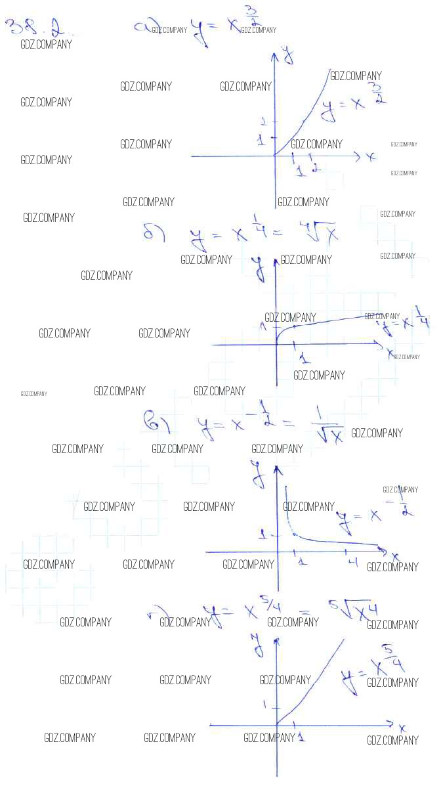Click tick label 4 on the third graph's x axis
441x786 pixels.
352,561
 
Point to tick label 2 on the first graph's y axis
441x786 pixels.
262,121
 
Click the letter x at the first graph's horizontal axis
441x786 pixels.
371,157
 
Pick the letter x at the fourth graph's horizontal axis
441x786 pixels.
402,728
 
